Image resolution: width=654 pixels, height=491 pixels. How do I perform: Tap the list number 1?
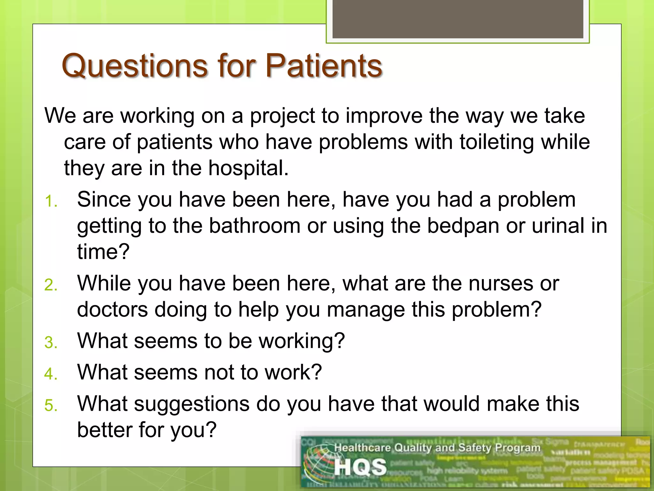pos(51,202)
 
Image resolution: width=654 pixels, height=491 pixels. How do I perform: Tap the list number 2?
pos(51,285)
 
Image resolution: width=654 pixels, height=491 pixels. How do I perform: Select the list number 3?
pos(51,343)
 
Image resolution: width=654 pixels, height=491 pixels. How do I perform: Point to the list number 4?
pos(51,374)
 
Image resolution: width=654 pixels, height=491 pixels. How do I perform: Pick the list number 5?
pos(51,406)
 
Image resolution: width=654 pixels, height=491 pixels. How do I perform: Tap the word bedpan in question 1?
pos(463,226)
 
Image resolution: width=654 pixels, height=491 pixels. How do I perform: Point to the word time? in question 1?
pos(103,252)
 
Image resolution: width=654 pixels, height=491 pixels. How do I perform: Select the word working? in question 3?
pos(302,341)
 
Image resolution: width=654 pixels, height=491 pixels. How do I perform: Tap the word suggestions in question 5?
pos(192,404)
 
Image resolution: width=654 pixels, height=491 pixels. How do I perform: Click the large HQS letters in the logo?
pos(360,467)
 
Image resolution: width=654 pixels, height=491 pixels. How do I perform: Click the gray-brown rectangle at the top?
pos(458,19)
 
